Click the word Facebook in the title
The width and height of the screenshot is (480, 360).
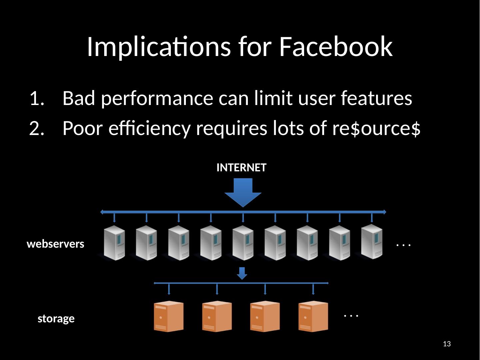coord(336,47)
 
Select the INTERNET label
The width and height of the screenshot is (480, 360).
coord(241,168)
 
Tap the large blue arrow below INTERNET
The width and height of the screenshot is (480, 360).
coord(243,192)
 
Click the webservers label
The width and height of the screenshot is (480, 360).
coord(56,244)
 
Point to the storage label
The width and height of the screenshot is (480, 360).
coord(56,319)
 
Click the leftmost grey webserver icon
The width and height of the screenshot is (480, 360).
coord(115,243)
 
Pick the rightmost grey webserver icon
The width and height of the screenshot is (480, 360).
coord(372,242)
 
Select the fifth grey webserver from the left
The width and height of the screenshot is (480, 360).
coord(243,243)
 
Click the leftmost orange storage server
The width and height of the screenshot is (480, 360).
coord(169,316)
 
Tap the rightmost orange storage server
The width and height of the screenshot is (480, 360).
coord(313,316)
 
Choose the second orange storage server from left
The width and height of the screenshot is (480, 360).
coord(217,316)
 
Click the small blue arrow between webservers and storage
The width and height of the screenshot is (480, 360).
coord(242,273)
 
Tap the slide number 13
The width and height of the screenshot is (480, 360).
coord(447,344)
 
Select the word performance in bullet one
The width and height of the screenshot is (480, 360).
coord(157,98)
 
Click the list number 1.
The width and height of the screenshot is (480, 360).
coord(36,98)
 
